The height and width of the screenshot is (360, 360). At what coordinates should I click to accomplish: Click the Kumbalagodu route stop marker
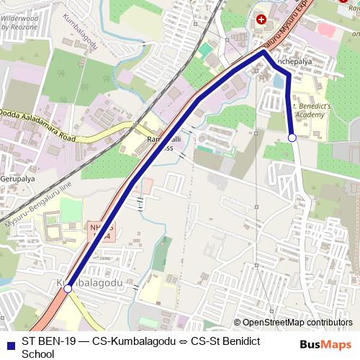(68, 288)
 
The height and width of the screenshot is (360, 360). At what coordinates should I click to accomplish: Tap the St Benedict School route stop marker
(292, 137)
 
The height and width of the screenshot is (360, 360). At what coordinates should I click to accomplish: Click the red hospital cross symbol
(261, 19)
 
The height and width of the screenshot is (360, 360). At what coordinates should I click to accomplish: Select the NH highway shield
(101, 230)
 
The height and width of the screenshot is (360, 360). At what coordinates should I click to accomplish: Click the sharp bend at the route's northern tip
(264, 51)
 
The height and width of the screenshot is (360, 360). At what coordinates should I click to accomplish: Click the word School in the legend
(38, 354)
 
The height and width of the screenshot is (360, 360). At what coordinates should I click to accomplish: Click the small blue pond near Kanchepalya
(277, 81)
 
